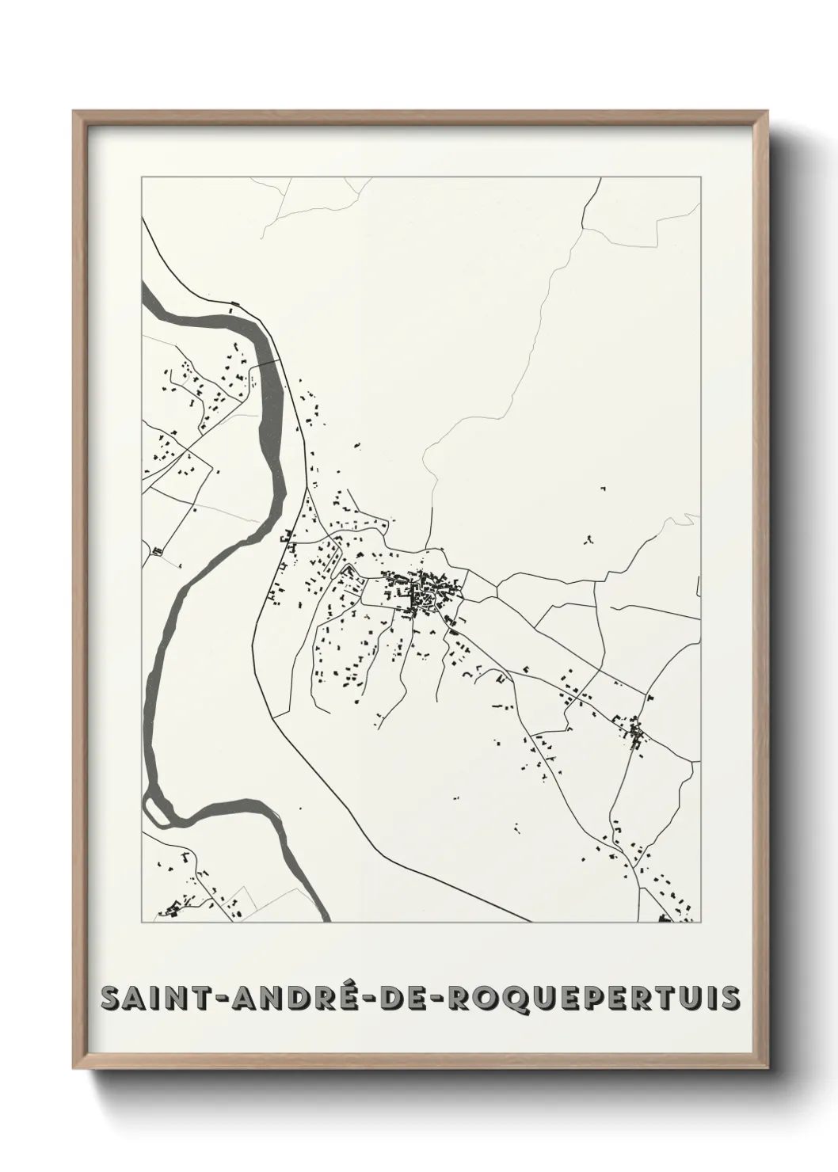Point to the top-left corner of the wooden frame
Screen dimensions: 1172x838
[76, 113]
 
